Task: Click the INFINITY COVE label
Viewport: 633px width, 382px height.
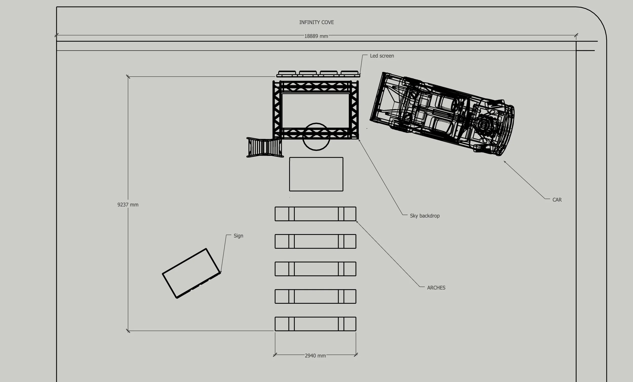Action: click(316, 22)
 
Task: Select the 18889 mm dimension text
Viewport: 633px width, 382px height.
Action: click(316, 36)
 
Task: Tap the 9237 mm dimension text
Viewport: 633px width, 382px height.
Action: click(128, 205)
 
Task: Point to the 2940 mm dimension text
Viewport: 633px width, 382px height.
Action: click(315, 355)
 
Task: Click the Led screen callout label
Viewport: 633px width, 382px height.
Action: click(382, 56)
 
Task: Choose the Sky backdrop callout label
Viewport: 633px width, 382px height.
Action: click(425, 216)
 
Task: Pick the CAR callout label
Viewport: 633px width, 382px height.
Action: click(557, 200)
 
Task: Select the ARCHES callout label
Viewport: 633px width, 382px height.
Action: click(436, 288)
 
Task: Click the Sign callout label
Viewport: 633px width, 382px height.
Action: click(238, 236)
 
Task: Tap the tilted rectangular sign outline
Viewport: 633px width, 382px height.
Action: click(191, 273)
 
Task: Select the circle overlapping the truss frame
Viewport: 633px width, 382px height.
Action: click(316, 137)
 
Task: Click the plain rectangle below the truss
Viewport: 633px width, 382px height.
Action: click(316, 174)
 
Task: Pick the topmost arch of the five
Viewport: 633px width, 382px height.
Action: click(315, 214)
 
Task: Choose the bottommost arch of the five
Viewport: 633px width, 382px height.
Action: click(315, 324)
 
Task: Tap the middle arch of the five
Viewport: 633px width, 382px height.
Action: click(315, 269)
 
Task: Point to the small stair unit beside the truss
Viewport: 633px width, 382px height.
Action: click(265, 147)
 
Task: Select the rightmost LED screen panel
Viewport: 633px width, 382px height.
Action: click(349, 73)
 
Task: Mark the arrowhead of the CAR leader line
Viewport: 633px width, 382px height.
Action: click(504, 161)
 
